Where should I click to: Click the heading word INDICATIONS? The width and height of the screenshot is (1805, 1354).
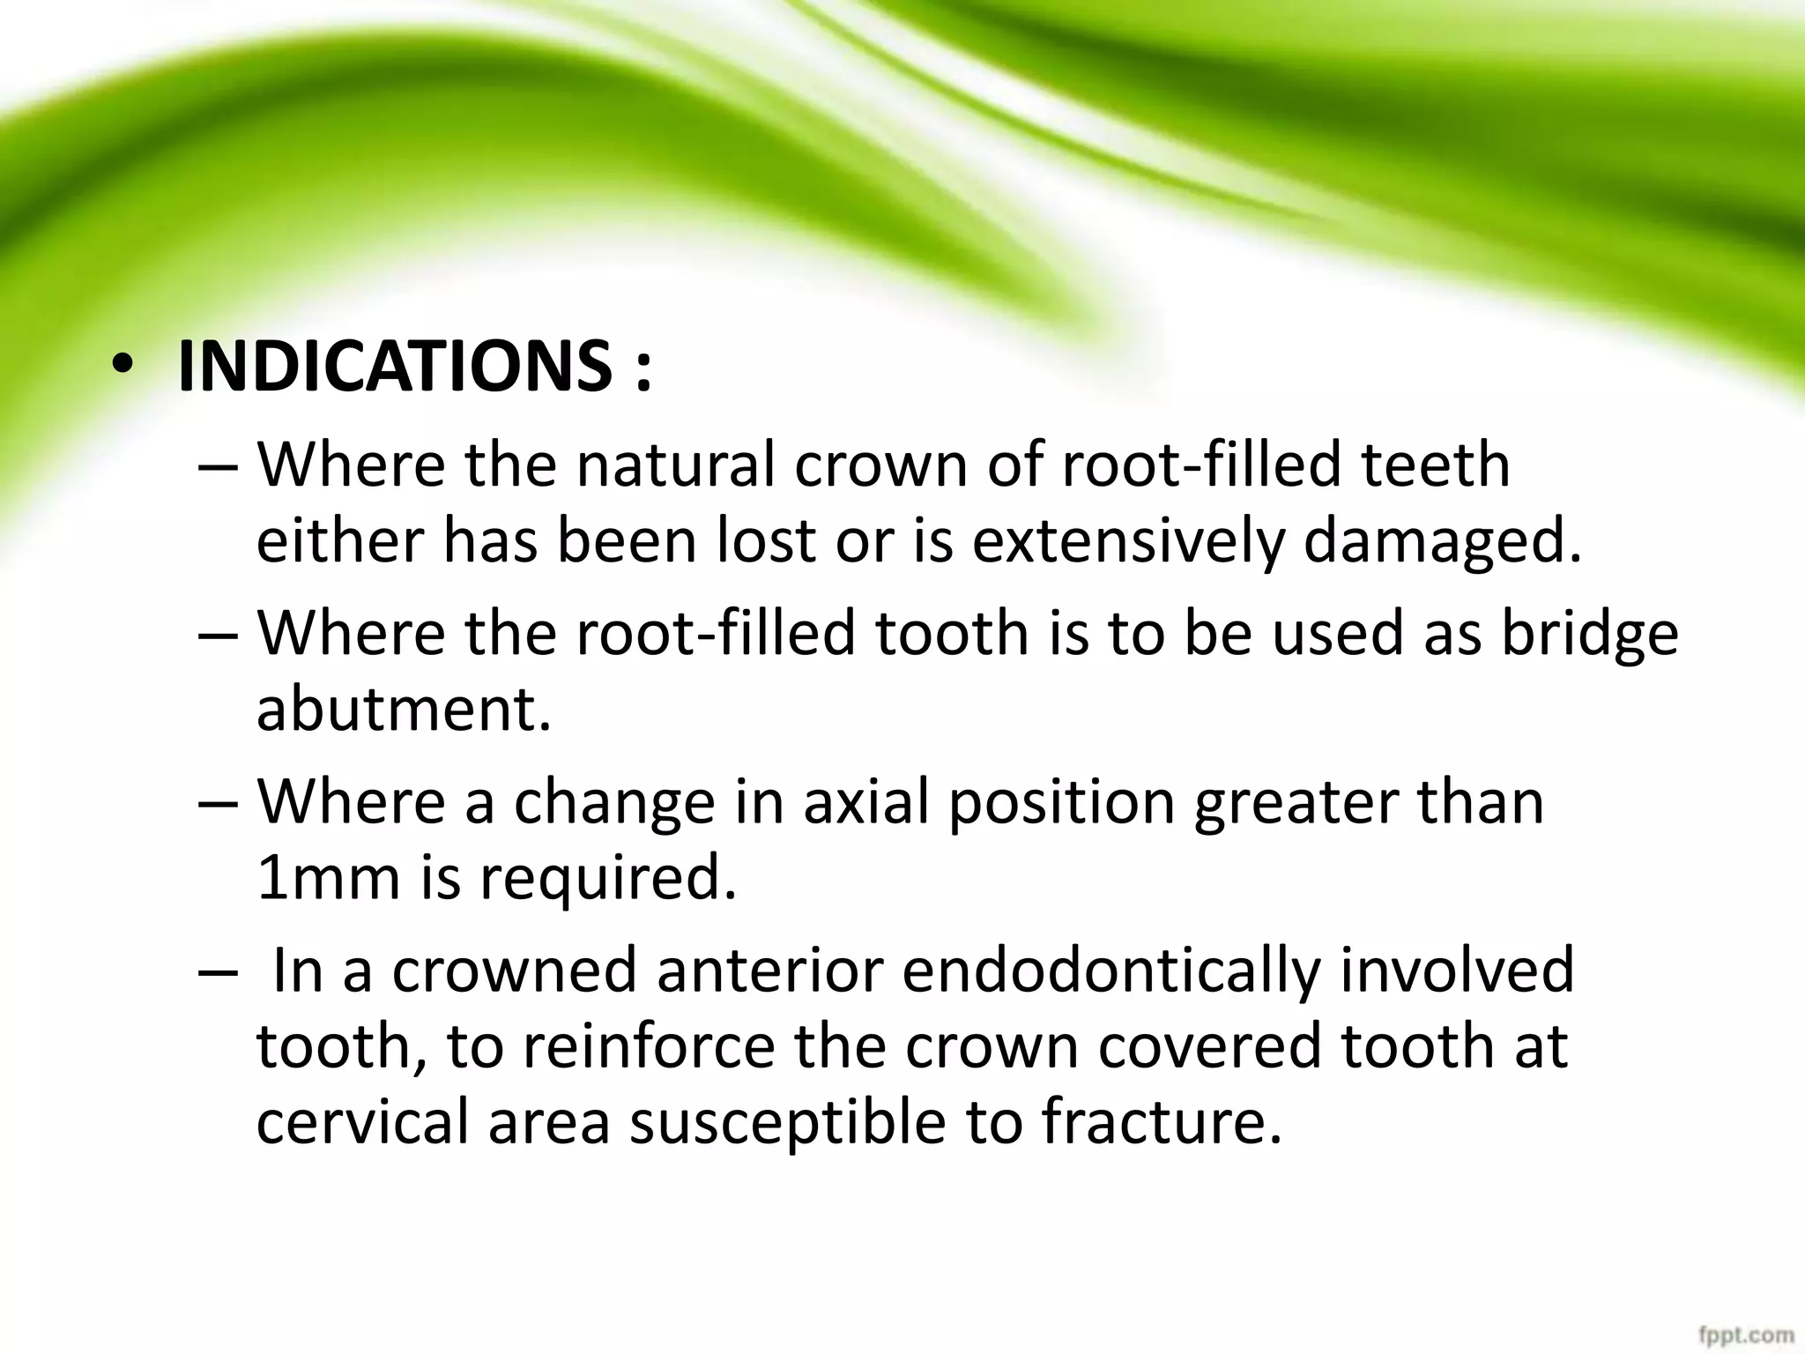(394, 367)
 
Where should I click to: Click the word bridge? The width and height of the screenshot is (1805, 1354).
(1589, 635)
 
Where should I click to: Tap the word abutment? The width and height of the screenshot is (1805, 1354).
(404, 710)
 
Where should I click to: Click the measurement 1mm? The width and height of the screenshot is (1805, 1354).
(330, 879)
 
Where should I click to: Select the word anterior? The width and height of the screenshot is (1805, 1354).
(770, 970)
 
